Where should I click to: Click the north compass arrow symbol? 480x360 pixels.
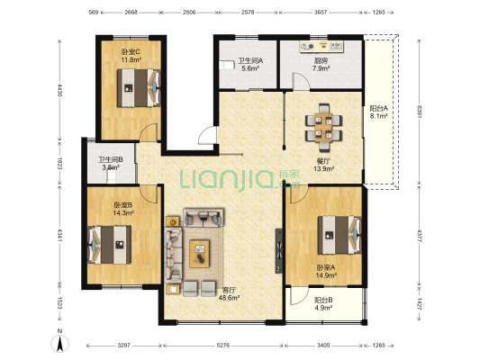point(60,343)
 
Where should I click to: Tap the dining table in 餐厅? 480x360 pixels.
point(323,128)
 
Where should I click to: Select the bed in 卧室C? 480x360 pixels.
point(139,88)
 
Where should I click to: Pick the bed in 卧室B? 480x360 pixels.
point(109,245)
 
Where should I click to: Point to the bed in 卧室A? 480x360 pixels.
point(340,235)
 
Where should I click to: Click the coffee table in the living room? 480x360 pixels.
point(199,254)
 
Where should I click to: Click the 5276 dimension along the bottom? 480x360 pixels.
point(222,346)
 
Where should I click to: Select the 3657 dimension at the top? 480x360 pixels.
point(321,13)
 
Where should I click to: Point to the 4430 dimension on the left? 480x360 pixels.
point(59,91)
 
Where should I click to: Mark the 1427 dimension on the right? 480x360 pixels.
point(420,304)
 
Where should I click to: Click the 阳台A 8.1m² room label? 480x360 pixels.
point(378,112)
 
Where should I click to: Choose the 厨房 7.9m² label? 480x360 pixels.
point(321,65)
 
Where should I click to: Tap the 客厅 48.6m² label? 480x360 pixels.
point(229,293)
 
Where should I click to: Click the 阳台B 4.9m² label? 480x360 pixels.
point(323,304)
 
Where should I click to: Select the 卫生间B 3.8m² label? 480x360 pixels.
point(111,163)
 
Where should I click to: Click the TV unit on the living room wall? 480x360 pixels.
point(278,251)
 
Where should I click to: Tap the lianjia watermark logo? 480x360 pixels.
point(240,179)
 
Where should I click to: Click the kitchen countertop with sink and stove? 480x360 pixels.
point(322,47)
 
